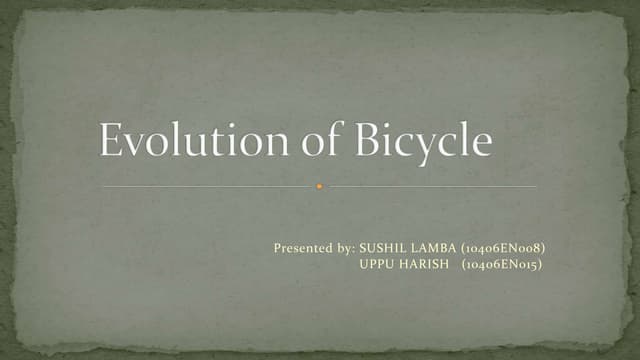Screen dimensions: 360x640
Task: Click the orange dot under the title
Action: (x=319, y=187)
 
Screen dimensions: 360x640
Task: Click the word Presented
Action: (x=303, y=245)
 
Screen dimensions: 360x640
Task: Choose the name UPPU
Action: (x=378, y=264)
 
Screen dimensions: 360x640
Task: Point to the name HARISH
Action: (x=427, y=264)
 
